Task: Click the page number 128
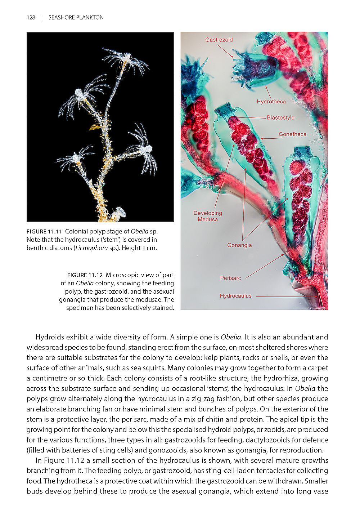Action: tap(31, 18)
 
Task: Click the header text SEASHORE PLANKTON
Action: tap(76, 18)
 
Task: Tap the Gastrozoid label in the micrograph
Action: tap(219, 40)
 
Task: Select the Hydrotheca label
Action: tap(271, 102)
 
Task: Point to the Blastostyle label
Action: tap(280, 117)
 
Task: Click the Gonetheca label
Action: tap(292, 134)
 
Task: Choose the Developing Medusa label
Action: tap(208, 216)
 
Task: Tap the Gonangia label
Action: tap(239, 245)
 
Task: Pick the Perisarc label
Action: tap(230, 278)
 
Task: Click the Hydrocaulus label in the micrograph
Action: tap(235, 296)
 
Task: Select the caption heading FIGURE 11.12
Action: tap(85, 275)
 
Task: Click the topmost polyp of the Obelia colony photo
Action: tap(126, 58)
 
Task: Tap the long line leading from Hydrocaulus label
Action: tap(286, 297)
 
